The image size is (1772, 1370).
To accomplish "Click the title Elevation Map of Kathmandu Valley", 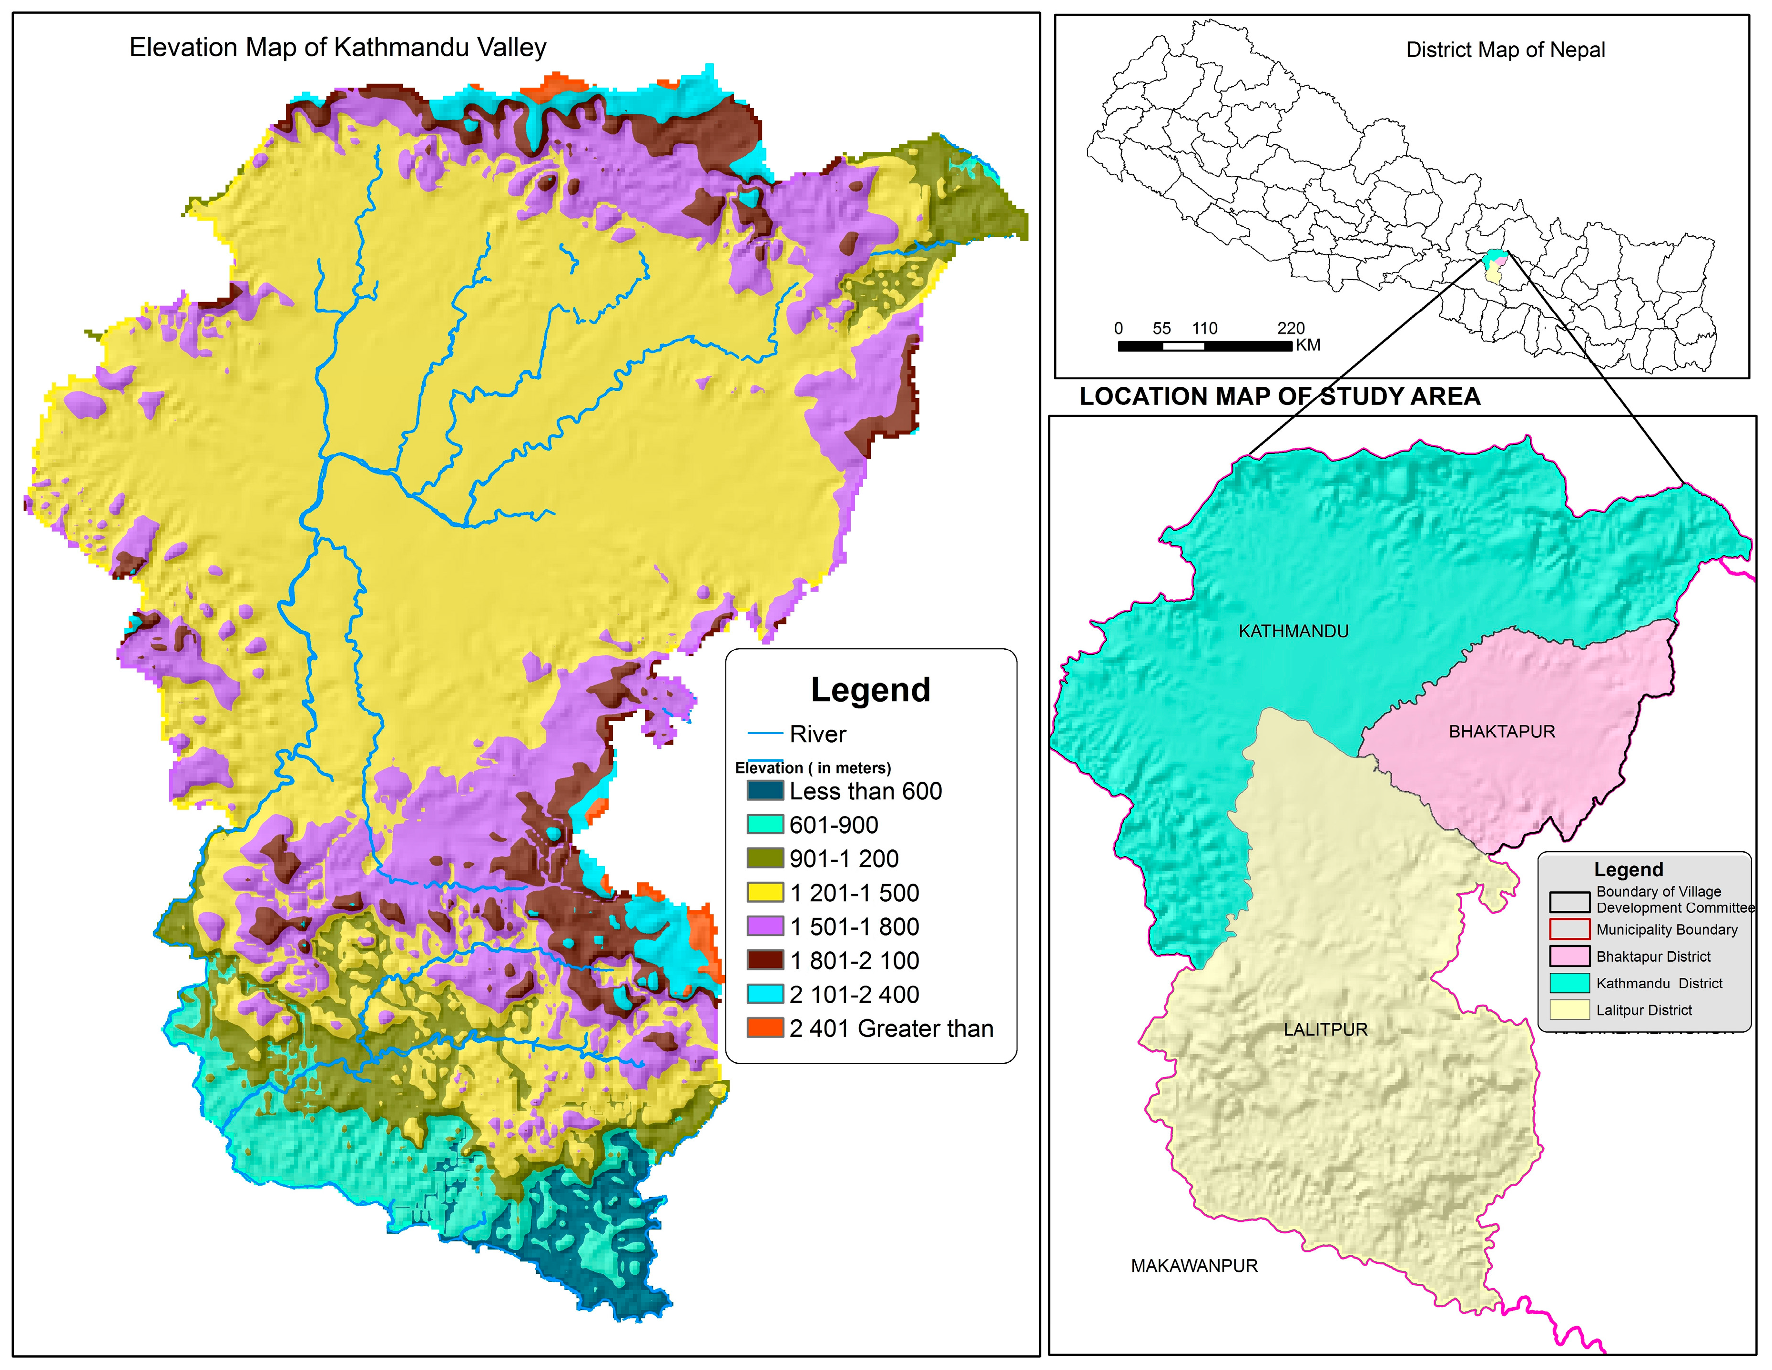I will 337,48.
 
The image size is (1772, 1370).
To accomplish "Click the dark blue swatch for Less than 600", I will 764,791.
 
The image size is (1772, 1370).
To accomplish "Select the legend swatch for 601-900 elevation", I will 764,825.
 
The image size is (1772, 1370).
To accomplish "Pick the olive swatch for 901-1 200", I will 764,859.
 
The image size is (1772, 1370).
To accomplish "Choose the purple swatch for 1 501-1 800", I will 764,927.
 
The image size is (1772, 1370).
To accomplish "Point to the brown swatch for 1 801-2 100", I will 764,960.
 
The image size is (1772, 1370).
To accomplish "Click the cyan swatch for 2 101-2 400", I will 764,995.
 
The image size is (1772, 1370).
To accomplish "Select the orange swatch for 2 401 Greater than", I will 764,1028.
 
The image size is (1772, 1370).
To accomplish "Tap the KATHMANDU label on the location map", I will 1293,632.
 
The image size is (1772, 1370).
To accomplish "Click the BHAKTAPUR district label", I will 1502,732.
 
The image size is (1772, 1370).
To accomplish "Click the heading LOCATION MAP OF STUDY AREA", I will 1280,397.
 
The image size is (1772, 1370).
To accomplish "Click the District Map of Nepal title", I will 1505,50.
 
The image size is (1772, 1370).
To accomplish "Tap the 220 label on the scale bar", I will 1290,329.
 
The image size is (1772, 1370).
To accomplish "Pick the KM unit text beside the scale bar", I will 1308,345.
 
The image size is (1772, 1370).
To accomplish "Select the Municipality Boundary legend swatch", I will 1569,929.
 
